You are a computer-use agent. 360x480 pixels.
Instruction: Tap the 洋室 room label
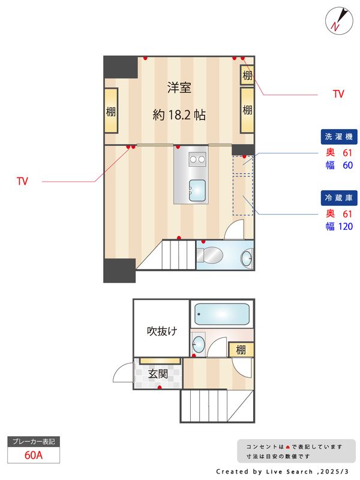point(179,88)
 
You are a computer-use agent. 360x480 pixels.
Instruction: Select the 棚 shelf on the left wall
point(111,112)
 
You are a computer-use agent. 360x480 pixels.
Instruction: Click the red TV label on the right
point(338,94)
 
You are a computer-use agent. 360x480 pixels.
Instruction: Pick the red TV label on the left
point(23,181)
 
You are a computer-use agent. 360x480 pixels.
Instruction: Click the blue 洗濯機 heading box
point(338,137)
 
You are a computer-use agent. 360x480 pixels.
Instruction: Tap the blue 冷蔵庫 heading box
point(338,197)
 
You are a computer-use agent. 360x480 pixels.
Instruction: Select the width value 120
point(345,227)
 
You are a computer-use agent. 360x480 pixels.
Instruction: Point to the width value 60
point(347,166)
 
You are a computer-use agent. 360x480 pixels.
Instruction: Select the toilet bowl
point(210,255)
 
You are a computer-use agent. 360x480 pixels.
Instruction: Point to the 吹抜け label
point(162,331)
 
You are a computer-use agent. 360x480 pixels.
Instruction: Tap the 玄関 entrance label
point(158,374)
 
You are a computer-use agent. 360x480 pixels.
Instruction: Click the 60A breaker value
point(34,455)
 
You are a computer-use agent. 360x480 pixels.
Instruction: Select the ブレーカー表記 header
point(34,442)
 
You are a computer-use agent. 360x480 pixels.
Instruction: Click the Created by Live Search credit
point(282,472)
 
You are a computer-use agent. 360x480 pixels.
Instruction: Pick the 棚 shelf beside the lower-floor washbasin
point(241,350)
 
